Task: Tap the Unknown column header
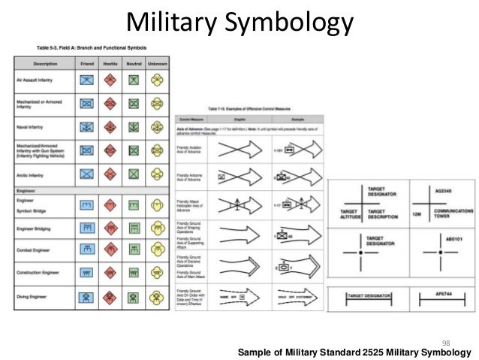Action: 157,63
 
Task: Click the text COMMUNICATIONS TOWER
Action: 452,213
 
